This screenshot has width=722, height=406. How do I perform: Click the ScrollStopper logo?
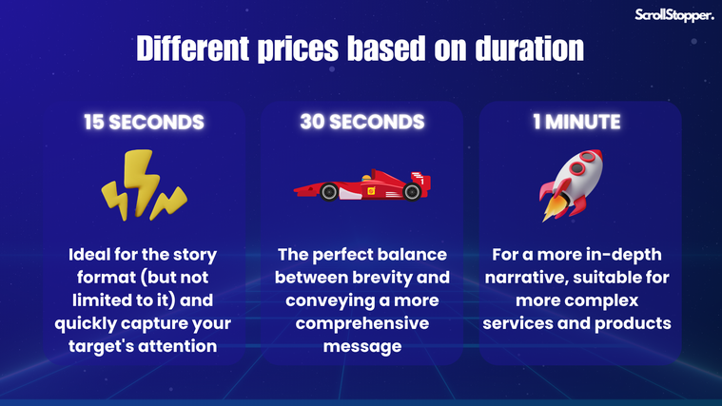tap(674, 15)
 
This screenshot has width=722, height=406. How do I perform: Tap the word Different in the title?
tap(193, 48)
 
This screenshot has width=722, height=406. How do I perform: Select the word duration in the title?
tap(530, 48)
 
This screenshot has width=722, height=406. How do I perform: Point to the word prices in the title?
tap(298, 49)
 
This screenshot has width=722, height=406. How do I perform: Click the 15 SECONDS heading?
tap(144, 122)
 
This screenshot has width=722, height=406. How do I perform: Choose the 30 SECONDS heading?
tap(362, 122)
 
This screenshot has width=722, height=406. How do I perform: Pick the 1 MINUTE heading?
tap(577, 122)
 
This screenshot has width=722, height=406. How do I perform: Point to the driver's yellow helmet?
tap(366, 178)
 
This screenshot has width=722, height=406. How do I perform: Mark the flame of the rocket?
tap(553, 209)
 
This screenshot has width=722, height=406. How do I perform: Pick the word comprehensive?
tap(362, 323)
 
